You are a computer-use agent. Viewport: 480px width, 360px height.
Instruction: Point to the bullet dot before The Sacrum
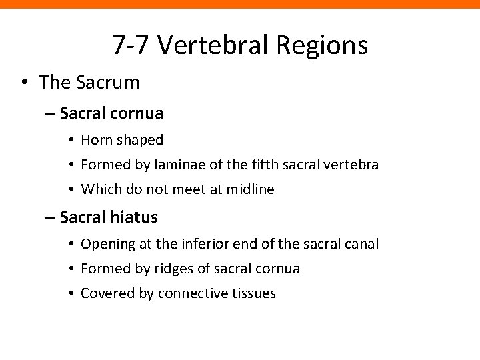(24, 83)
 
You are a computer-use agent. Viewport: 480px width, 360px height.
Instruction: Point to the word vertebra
(354, 165)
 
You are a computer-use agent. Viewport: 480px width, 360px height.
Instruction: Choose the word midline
(249, 189)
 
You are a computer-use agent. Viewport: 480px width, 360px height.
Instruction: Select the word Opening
(107, 245)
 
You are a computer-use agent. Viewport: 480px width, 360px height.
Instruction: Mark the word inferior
(199, 244)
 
